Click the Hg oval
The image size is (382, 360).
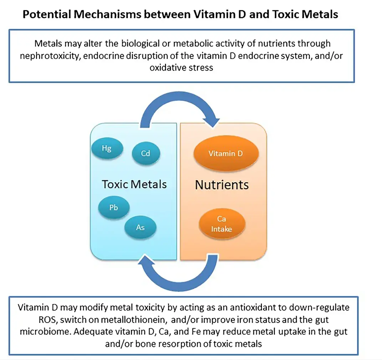(107, 148)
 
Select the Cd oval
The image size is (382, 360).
(145, 154)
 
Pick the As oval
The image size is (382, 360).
(140, 227)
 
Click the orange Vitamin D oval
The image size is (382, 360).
(226, 153)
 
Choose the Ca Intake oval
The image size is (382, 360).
(221, 224)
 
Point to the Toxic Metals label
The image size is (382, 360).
(134, 184)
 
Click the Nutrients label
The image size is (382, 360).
(222, 185)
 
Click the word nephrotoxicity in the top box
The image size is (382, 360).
(61, 55)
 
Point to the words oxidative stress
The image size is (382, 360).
(181, 67)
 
